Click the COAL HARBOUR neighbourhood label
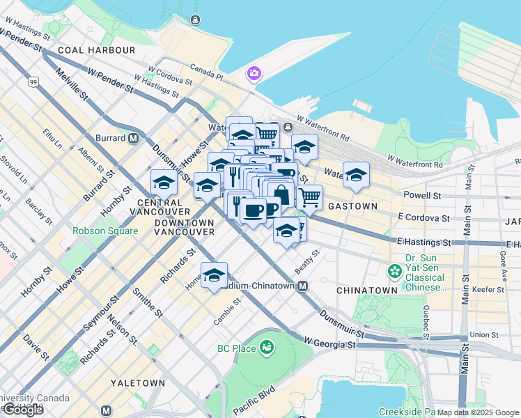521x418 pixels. [x=97, y=50]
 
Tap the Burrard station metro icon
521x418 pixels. [x=133, y=138]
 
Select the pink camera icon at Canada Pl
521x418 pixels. [x=254, y=73]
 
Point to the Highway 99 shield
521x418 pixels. [x=33, y=82]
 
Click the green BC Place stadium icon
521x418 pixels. [x=266, y=346]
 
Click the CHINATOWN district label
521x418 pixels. [x=366, y=289]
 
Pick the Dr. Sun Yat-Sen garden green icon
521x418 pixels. [x=396, y=270]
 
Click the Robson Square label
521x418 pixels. [x=102, y=231]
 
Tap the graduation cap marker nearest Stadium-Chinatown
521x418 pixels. [x=215, y=274]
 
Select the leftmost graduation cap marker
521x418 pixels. [x=164, y=183]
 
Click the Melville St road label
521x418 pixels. [x=72, y=83]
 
